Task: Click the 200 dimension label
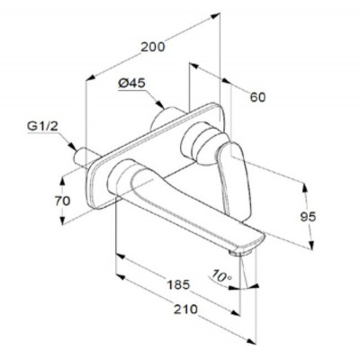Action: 153,47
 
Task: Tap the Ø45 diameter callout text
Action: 131,84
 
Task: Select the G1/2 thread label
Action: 42,126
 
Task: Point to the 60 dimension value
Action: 257,97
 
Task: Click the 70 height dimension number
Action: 62,201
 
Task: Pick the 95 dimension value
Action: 308,217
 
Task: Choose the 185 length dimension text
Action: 178,284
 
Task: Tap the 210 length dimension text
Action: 186,309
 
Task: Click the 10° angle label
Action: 221,276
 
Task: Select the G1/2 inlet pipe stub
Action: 85,157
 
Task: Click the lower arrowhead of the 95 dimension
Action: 311,245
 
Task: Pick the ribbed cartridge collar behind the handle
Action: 200,143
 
